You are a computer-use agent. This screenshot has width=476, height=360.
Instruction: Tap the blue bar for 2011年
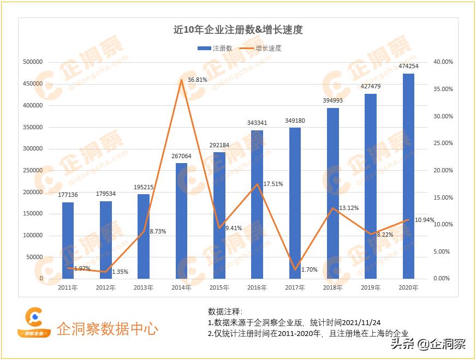(x=68, y=240)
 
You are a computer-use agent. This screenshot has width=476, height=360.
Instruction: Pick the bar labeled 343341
(x=257, y=205)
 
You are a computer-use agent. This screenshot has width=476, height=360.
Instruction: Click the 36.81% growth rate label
(x=198, y=80)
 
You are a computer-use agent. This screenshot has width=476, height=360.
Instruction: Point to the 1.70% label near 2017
(x=309, y=269)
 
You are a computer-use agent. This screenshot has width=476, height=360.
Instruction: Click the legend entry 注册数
(x=215, y=48)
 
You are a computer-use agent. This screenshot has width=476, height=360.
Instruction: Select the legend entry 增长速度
(x=263, y=48)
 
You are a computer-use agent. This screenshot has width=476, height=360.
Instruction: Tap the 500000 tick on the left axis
(x=33, y=62)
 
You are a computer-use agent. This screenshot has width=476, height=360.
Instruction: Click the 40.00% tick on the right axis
(x=443, y=62)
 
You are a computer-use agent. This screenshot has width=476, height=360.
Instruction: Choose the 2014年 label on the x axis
(x=181, y=287)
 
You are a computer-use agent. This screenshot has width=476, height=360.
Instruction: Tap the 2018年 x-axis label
(x=333, y=287)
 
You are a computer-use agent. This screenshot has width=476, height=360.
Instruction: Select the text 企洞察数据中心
(x=108, y=329)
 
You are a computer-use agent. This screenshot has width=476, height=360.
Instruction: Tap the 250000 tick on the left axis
(x=33, y=171)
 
